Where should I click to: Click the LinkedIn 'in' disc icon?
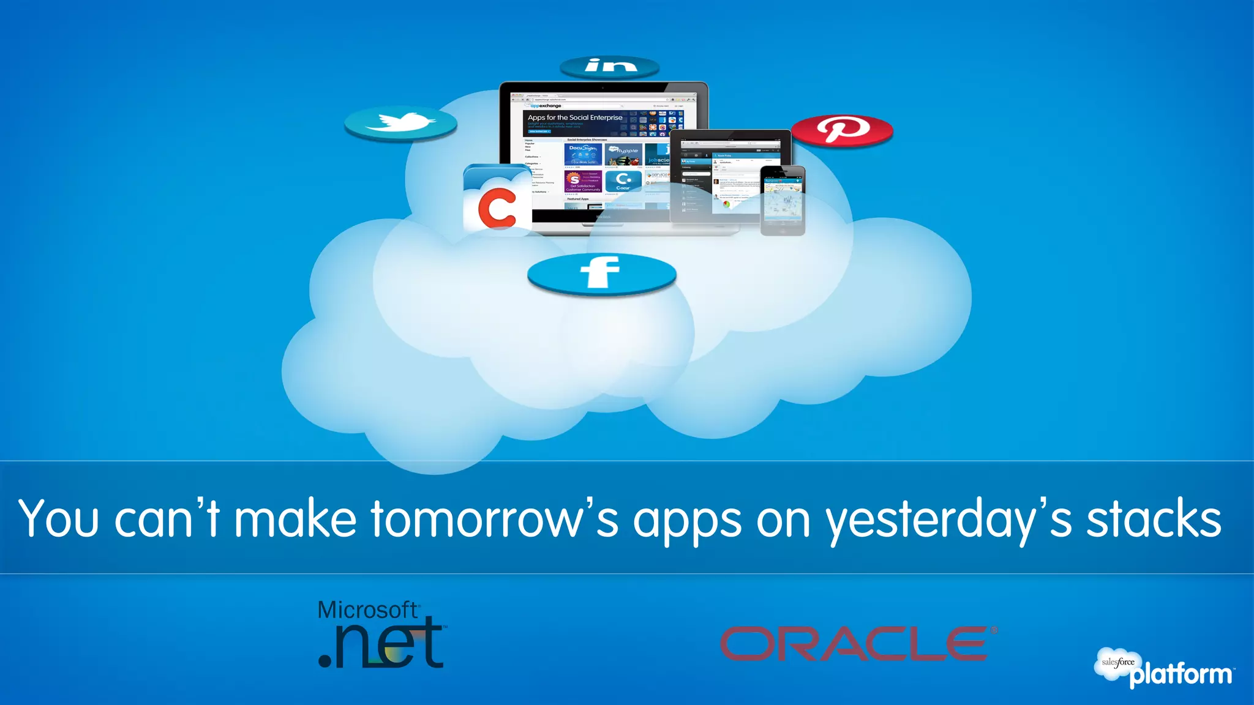click(x=610, y=66)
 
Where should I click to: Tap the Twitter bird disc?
click(x=400, y=122)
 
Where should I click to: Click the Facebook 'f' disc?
click(x=601, y=273)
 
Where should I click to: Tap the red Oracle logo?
click(x=857, y=644)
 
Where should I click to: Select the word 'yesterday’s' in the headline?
click(x=948, y=519)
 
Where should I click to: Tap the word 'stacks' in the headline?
click(x=1154, y=519)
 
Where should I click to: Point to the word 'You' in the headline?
click(x=59, y=519)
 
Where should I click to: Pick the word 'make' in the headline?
click(x=296, y=519)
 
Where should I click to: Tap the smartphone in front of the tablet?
click(x=783, y=200)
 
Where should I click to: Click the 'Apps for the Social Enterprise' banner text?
click(x=575, y=117)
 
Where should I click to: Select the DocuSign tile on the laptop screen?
click(x=582, y=154)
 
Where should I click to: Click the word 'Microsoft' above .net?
click(x=367, y=610)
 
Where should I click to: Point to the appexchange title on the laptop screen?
click(x=546, y=106)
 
